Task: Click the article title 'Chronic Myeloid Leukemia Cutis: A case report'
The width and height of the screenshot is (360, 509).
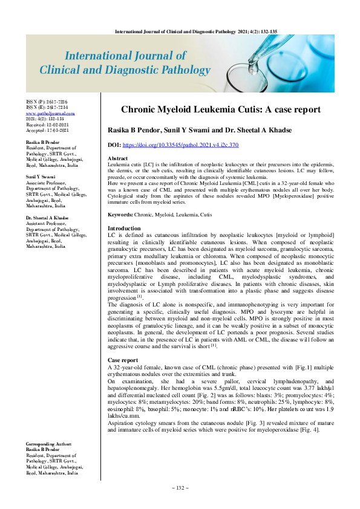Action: pos(220,110)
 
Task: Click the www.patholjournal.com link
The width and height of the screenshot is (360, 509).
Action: pos(50,113)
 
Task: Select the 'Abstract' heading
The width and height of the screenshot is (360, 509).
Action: pos(117,158)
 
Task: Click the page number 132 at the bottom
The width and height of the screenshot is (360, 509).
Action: pos(180,487)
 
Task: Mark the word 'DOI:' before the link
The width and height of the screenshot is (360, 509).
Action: pos(113,145)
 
